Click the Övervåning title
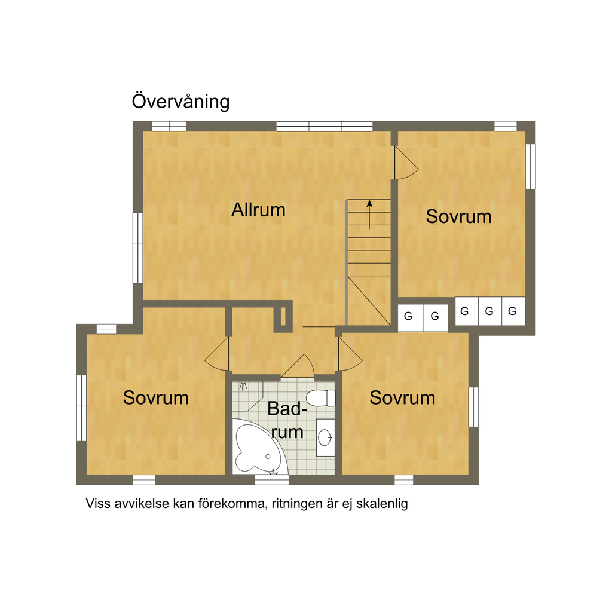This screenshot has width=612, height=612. click(x=180, y=102)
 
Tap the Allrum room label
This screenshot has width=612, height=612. click(x=258, y=210)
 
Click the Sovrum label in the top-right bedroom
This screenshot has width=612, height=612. click(x=458, y=216)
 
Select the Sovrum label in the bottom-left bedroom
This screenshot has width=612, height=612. click(x=156, y=397)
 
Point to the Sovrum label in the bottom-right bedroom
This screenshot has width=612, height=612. click(x=402, y=397)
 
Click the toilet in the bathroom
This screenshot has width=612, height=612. click(x=320, y=398)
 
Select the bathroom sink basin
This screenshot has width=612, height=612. click(x=325, y=437)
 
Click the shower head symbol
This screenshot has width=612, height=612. click(x=244, y=386)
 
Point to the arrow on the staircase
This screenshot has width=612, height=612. click(x=369, y=215)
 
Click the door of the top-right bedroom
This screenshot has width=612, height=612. click(x=406, y=163)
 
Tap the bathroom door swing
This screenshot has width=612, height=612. click(x=298, y=366)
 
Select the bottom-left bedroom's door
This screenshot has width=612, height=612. click(x=217, y=354)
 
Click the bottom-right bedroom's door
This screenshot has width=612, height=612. click(x=350, y=354)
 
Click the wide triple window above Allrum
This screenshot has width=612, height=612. click(x=325, y=126)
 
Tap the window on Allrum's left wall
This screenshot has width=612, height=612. click(x=138, y=248)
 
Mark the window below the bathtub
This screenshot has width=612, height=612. click(x=272, y=480)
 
